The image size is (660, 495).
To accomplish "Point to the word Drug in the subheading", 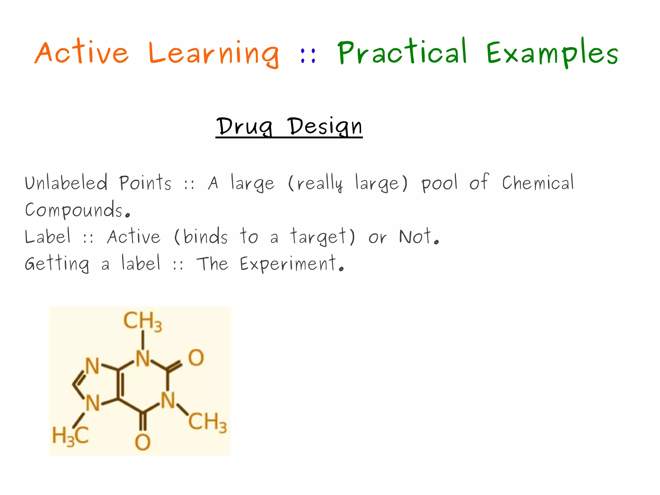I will [x=245, y=126].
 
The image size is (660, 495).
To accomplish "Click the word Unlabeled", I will [x=66, y=183].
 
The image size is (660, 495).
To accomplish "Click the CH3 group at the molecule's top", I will [x=142, y=321].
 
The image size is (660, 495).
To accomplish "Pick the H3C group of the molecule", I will [x=70, y=436].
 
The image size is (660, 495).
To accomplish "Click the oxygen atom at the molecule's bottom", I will [x=142, y=442].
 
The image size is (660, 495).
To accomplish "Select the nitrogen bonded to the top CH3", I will [x=143, y=358].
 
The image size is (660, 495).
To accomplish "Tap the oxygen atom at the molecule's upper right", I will [x=196, y=358].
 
